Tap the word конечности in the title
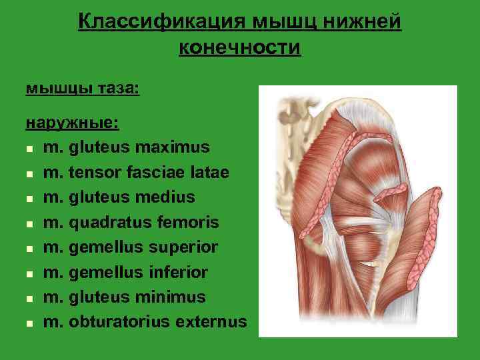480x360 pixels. coord(240,47)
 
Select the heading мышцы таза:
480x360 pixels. coord(82,88)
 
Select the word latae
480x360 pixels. coord(209,173)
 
